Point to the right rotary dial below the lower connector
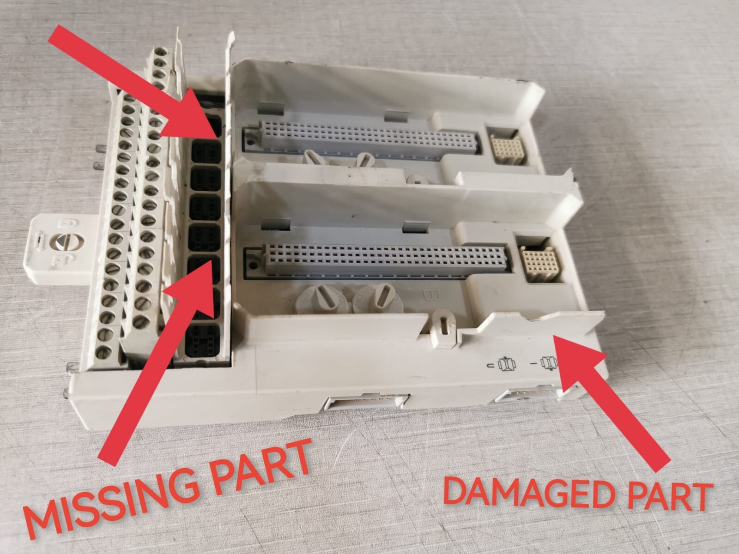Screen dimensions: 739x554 [x=378, y=298]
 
